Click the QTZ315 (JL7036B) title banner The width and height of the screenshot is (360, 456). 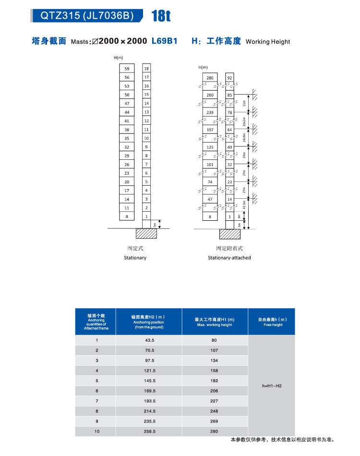tap(86, 15)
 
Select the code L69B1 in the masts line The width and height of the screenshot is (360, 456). tap(164, 41)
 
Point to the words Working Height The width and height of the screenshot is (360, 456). tap(267, 42)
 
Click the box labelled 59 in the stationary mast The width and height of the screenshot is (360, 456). tap(127, 69)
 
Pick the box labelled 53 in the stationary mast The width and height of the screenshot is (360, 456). tap(127, 86)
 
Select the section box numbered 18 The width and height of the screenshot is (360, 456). tap(146, 69)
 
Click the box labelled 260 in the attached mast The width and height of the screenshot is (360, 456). tap(210, 95)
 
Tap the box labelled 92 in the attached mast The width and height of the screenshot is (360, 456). tap(230, 78)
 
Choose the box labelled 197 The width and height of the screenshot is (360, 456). tap(210, 130)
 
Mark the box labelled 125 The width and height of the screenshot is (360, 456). tap(210, 147)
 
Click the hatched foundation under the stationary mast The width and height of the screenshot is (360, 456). tap(147, 233)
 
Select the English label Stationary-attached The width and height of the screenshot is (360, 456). tap(229, 258)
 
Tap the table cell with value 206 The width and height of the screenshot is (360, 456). tap(214, 391)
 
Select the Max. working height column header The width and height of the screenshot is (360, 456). tap(215, 322)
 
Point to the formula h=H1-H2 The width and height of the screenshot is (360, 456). tap(272, 386)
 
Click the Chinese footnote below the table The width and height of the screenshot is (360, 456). tap(282, 440)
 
